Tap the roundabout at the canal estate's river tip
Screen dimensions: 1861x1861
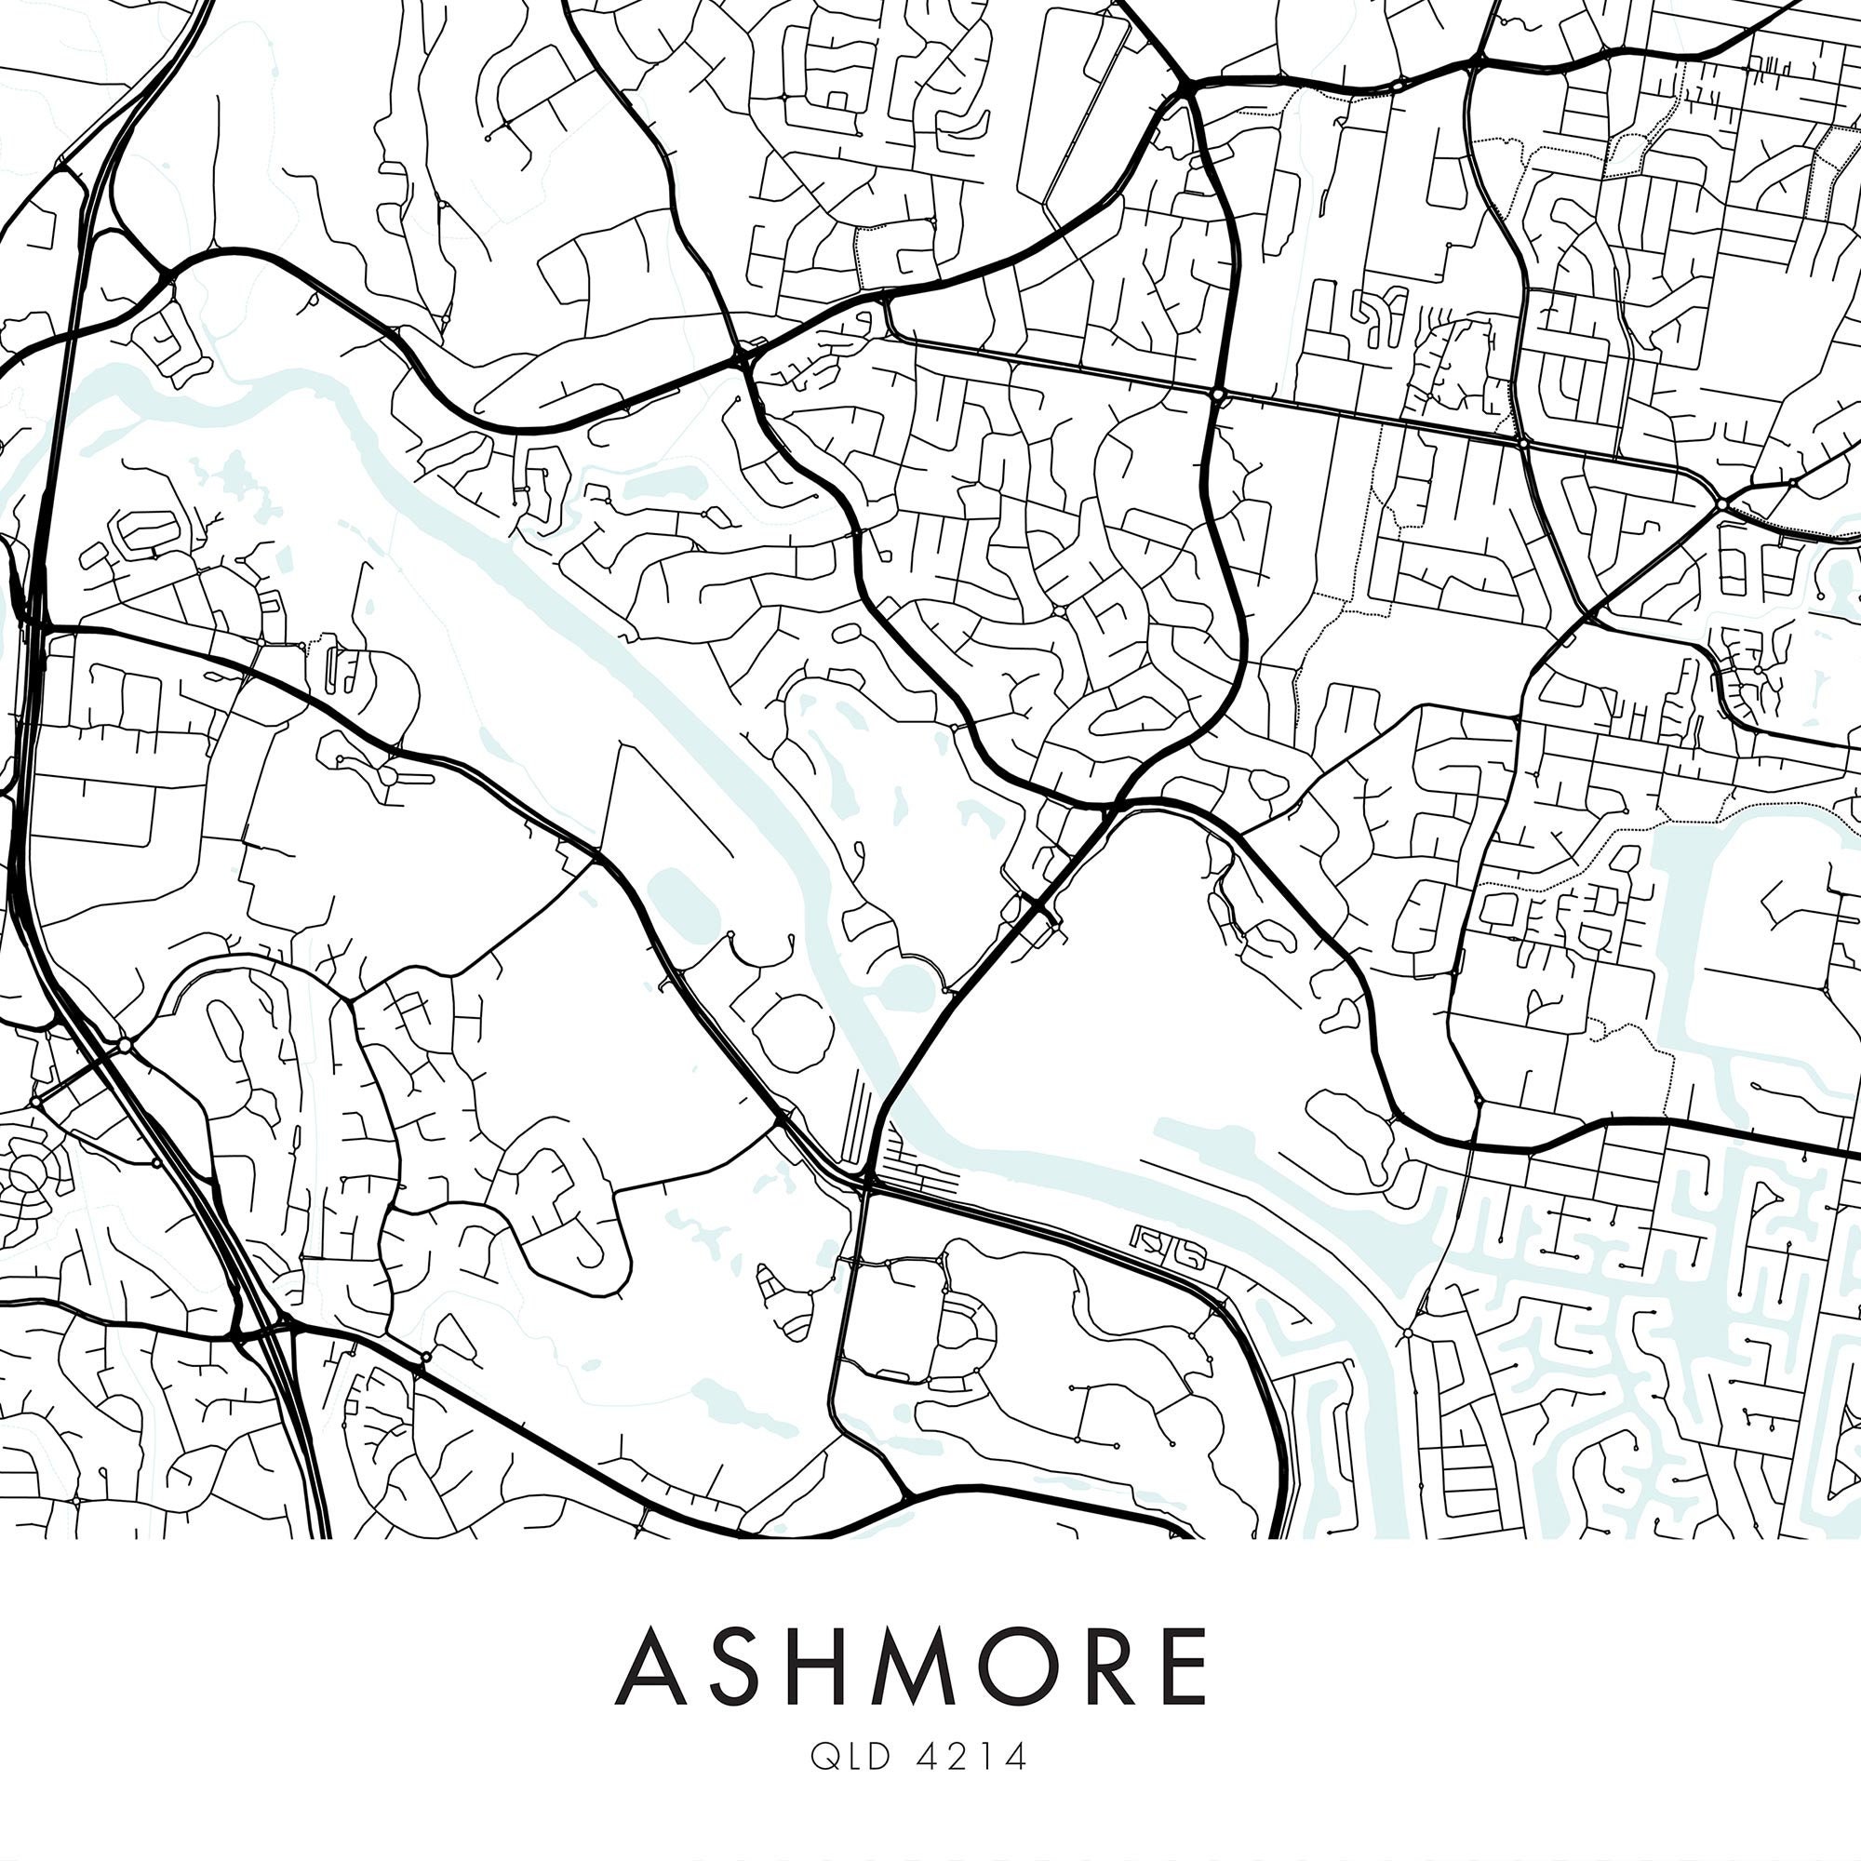click(1407, 1333)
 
